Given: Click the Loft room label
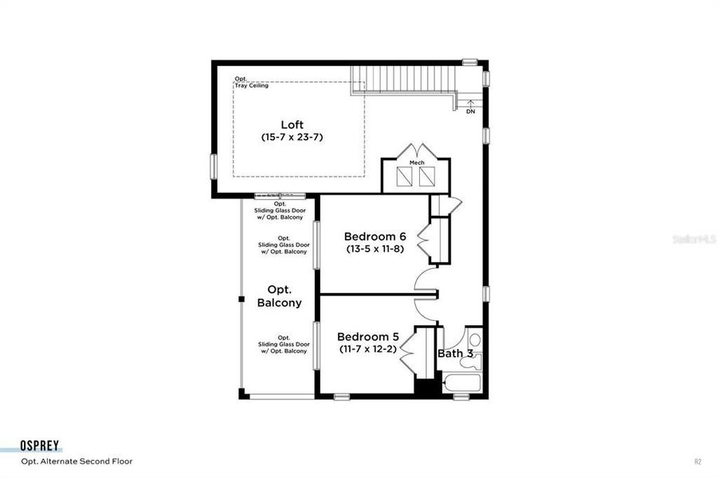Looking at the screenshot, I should (292, 124).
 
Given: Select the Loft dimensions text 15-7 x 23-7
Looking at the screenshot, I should (292, 137).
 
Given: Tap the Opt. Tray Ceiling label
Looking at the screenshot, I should (251, 82).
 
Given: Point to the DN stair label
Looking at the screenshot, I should (470, 112).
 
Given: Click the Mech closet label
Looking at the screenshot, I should (416, 163).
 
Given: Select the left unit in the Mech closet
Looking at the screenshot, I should (402, 177).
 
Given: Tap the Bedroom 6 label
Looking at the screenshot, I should (375, 237).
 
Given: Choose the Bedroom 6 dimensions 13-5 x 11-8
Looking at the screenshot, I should (375, 249).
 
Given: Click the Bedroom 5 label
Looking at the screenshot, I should (368, 336).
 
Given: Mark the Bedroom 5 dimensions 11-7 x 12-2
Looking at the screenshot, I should (368, 349).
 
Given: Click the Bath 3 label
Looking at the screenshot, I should (456, 353).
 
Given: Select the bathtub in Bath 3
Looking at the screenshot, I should (462, 385).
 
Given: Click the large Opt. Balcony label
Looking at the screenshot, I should (279, 296).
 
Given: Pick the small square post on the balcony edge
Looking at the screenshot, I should (241, 299).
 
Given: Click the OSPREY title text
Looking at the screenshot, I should (41, 447).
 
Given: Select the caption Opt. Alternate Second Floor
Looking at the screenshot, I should (77, 461).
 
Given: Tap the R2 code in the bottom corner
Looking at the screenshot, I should (697, 461).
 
